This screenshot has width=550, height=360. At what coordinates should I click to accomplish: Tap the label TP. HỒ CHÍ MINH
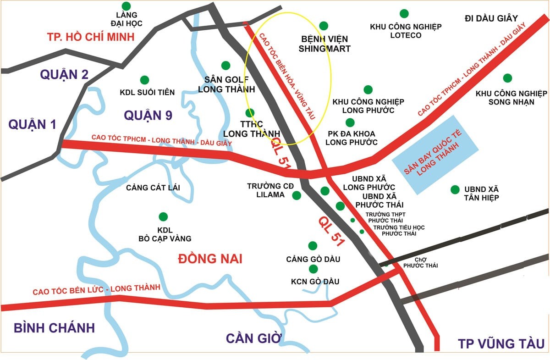[91, 37]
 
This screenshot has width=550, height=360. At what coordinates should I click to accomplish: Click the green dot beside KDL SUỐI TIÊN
[144, 80]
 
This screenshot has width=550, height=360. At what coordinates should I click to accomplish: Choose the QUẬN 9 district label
[148, 115]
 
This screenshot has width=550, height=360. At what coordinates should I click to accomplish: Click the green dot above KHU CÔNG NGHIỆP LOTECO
[404, 13]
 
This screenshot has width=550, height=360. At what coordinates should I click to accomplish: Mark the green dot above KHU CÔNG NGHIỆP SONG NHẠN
[507, 78]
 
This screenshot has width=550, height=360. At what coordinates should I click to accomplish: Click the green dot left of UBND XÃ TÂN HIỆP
[455, 189]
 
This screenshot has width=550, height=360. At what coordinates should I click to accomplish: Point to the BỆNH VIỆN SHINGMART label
[324, 44]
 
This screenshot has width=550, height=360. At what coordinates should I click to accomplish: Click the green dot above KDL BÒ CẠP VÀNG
[162, 216]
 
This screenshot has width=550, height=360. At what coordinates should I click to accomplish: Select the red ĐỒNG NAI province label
[209, 259]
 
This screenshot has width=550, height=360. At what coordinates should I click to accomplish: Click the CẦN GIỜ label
[253, 338]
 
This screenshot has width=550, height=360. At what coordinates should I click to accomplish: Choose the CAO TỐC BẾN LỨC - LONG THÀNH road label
[96, 289]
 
